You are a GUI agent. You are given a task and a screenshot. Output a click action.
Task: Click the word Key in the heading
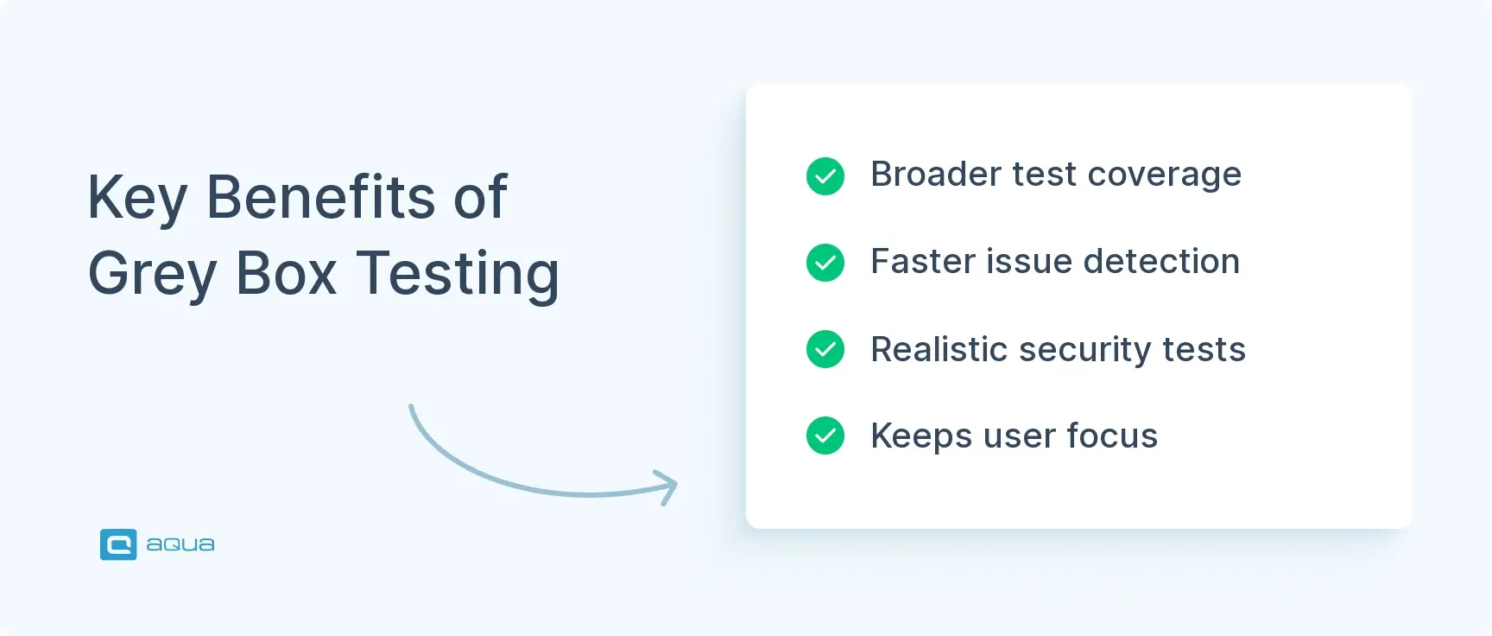pos(136,199)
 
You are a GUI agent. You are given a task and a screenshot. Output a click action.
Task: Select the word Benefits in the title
pos(320,197)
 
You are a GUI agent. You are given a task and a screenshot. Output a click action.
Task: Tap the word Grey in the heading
pos(152,275)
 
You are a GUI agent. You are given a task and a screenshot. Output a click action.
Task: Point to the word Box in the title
pos(286,274)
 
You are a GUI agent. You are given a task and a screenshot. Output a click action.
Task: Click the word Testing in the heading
pos(458,275)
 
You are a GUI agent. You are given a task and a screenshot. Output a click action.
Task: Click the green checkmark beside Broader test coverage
pos(825,176)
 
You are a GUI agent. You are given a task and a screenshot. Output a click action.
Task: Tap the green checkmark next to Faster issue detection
pos(825,263)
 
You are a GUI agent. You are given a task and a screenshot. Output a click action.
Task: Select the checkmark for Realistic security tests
pos(825,349)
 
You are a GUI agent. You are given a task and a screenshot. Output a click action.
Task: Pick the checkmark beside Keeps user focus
pos(825,436)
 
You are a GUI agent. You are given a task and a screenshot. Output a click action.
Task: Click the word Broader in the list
pos(934,175)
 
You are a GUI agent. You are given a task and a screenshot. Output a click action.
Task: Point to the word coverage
pos(1164,175)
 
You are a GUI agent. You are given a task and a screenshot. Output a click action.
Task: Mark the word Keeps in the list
pos(921,436)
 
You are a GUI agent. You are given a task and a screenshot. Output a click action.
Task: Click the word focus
pos(1112,436)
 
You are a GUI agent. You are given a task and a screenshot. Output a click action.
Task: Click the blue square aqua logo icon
pos(118,544)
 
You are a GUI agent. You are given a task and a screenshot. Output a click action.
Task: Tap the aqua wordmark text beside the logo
pos(180,544)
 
